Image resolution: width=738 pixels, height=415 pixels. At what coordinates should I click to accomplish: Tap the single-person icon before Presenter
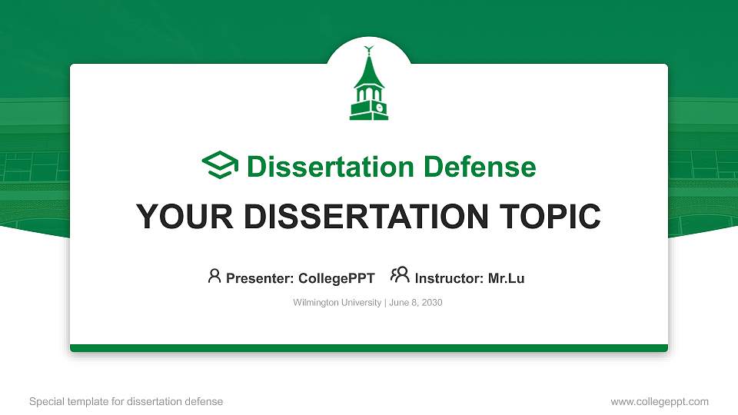(x=214, y=275)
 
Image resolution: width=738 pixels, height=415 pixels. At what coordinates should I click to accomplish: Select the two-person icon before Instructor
(x=400, y=275)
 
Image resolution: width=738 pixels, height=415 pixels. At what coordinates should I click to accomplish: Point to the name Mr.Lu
(x=507, y=278)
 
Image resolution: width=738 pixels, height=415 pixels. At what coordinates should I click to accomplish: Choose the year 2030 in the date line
(x=430, y=303)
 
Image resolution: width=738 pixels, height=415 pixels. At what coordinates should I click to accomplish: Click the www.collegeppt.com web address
(x=660, y=401)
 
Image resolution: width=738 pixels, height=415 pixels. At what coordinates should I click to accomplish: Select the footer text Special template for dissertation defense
(x=126, y=401)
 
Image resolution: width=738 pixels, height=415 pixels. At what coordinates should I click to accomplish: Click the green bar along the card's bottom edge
(x=369, y=348)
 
